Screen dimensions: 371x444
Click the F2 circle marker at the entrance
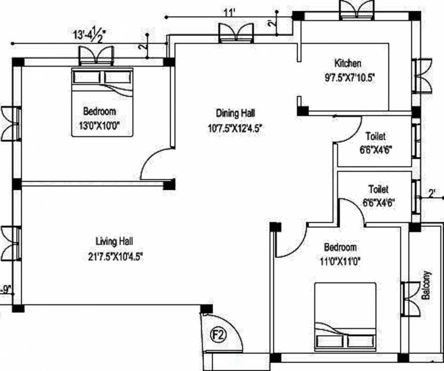tap(218, 334)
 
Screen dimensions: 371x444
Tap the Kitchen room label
tap(347, 63)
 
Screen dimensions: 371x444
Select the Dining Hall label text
tap(235, 114)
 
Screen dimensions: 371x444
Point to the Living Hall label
tap(115, 241)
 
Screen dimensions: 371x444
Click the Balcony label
tap(426, 285)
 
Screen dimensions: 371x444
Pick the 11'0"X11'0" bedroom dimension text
tap(341, 262)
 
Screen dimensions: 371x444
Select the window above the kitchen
tap(357, 10)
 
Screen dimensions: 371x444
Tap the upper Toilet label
tap(375, 136)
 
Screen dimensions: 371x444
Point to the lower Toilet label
tap(378, 189)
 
